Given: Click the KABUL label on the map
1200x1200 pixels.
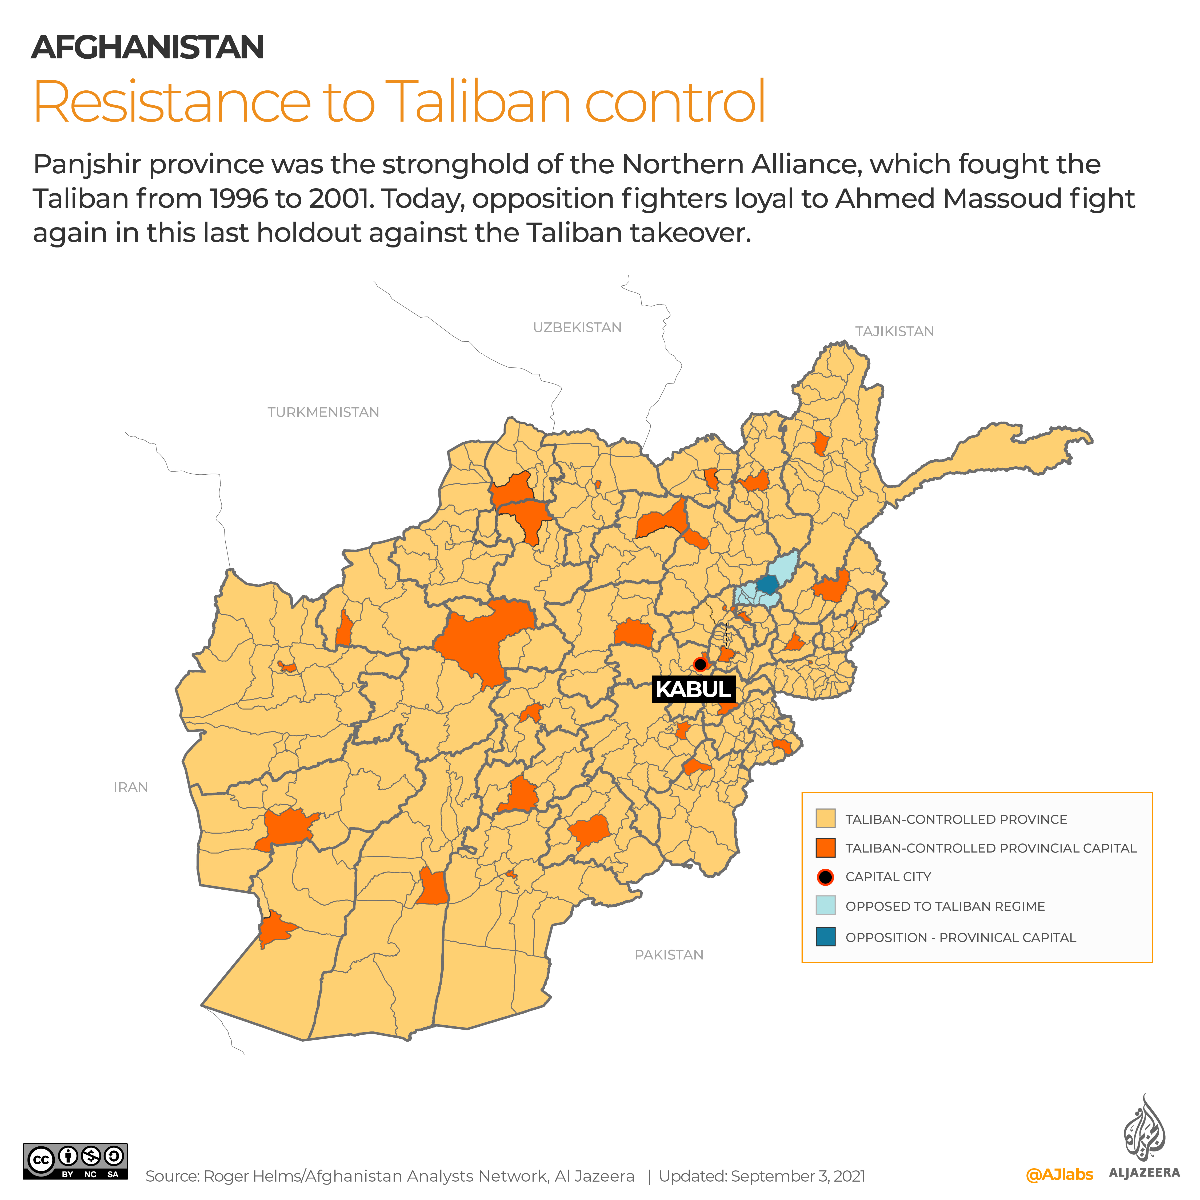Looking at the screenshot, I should click(693, 689).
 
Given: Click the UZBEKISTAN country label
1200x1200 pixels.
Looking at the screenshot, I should click(577, 327).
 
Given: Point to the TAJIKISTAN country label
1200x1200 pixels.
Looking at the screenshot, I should click(894, 332).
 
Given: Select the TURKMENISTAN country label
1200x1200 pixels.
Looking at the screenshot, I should click(323, 413).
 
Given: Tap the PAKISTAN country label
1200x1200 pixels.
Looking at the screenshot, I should click(669, 955).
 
